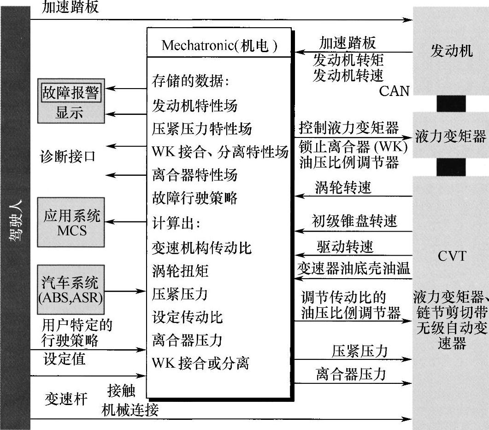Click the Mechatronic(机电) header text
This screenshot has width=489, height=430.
click(x=219, y=45)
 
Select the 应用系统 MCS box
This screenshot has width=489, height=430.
click(x=71, y=222)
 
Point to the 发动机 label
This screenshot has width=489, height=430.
click(x=451, y=51)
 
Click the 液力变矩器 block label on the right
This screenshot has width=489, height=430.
click(x=450, y=137)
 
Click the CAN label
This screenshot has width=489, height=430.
click(x=394, y=91)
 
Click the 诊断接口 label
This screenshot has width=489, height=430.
click(x=67, y=156)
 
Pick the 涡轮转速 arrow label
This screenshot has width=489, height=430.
click(x=343, y=187)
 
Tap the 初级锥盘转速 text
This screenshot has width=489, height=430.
click(x=354, y=221)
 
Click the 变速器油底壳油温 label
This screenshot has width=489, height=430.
click(x=353, y=268)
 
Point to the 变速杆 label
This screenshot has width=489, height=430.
click(x=66, y=399)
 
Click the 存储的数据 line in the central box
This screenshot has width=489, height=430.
click(x=190, y=82)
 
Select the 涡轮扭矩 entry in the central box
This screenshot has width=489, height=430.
click(x=180, y=271)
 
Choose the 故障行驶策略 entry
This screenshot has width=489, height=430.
click(x=194, y=198)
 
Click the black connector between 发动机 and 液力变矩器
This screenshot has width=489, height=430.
click(x=451, y=103)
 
